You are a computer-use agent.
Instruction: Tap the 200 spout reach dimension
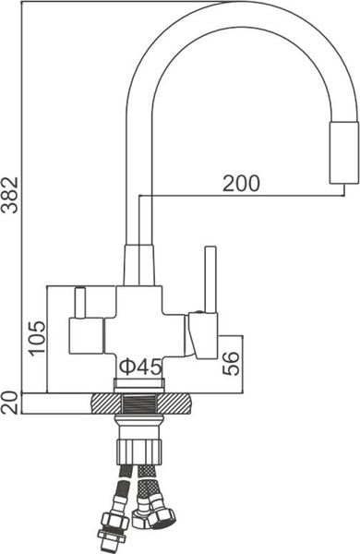tap(241, 183)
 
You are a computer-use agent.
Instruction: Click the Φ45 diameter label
tap(141, 366)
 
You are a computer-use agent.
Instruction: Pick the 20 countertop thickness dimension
tap(10, 403)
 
